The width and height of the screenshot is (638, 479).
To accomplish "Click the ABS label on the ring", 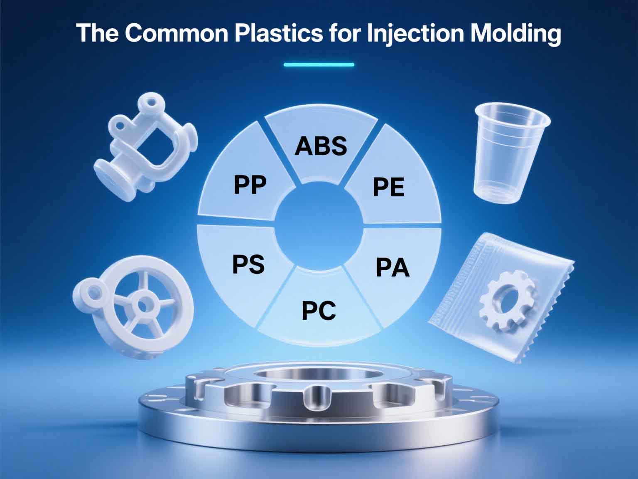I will (321, 146).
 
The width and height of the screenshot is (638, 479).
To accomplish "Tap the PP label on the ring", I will (250, 185).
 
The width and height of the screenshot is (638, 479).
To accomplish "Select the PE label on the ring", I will (388, 187).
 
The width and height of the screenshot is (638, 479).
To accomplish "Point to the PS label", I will (248, 264).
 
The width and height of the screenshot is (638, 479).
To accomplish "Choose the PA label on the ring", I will (393, 268).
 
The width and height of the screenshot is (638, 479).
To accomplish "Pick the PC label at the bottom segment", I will (319, 311).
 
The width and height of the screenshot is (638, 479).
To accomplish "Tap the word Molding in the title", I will (515, 33).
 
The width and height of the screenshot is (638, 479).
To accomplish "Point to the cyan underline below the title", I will (319, 64).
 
